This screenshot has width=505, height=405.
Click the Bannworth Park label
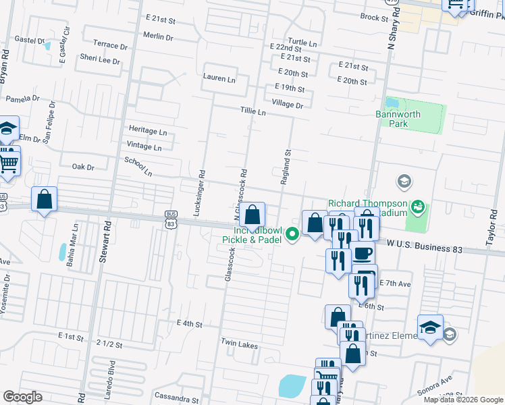tap(398, 119)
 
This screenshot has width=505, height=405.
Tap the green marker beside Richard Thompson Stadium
tap(418, 205)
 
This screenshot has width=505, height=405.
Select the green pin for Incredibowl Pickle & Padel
tap(292, 235)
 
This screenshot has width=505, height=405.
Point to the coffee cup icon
tap(363, 254)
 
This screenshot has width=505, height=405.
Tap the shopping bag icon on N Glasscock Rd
tap(252, 215)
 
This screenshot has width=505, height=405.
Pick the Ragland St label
tap(285, 167)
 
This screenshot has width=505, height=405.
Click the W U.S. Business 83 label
tap(425, 248)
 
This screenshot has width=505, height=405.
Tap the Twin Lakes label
tap(239, 344)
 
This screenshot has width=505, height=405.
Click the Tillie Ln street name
tap(252, 111)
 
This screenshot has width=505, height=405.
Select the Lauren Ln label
tap(219, 78)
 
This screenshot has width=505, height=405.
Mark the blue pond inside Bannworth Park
tap(392, 103)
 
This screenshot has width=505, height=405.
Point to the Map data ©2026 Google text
tap(463, 400)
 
